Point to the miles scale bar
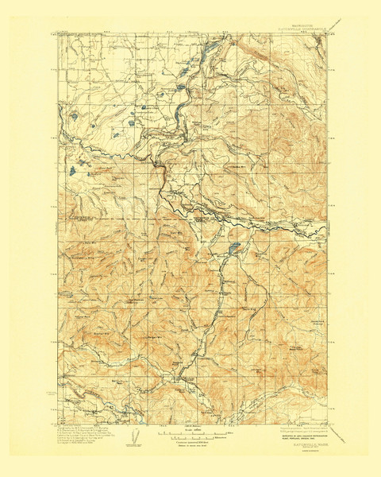pyautogui.click(x=190, y=430)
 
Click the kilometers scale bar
pyautogui.click(x=190, y=436)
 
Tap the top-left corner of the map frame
pyautogui.click(x=57, y=34)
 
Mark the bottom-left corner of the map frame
pyautogui.click(x=57, y=421)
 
